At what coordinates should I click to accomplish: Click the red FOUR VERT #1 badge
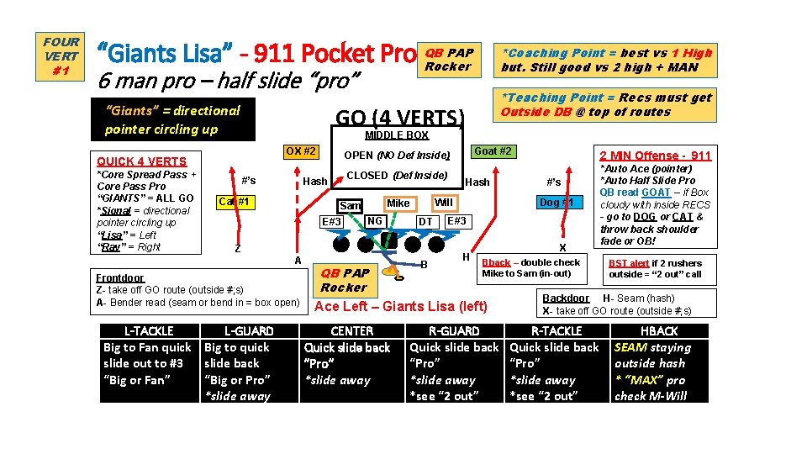click(61, 56)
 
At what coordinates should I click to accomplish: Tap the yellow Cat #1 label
click(235, 202)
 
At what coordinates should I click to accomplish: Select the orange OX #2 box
click(301, 151)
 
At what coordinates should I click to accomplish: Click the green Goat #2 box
click(492, 151)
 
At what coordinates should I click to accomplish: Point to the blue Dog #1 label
click(556, 203)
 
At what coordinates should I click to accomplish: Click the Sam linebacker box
click(350, 206)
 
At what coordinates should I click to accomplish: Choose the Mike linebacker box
click(398, 203)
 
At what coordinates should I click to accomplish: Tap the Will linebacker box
click(444, 203)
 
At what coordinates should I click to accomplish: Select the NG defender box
click(375, 221)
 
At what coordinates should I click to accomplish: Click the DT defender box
click(425, 222)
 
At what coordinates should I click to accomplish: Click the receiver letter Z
click(238, 249)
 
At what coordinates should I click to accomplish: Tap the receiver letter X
click(562, 248)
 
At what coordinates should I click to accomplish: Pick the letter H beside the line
click(466, 256)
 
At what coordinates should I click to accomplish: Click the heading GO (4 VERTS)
click(399, 117)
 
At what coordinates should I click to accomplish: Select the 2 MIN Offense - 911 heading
click(655, 156)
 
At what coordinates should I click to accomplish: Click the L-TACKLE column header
click(149, 331)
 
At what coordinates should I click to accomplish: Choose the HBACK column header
click(659, 331)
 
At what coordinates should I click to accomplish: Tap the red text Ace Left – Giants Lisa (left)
click(400, 306)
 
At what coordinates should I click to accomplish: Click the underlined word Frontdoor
click(120, 277)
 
